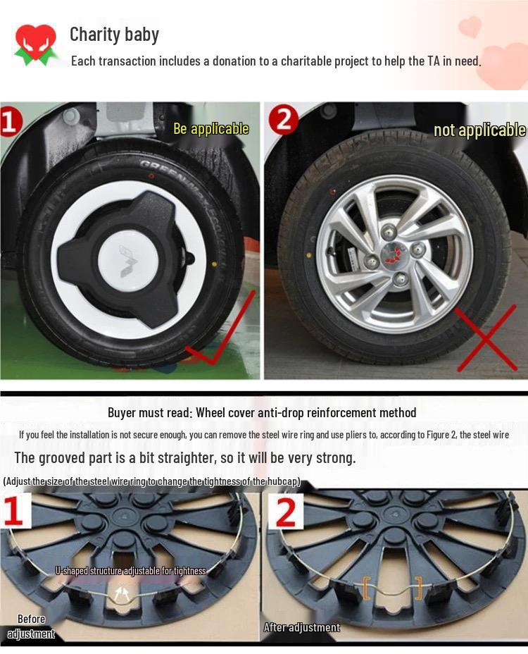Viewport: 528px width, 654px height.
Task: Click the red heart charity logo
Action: coord(34,44)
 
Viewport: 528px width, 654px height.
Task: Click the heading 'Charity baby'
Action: coord(114,34)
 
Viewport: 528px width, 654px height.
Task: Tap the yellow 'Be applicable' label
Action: coord(211,129)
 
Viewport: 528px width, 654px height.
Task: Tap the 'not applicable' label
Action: coord(479,130)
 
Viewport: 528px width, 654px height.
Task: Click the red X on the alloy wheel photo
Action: coord(486,338)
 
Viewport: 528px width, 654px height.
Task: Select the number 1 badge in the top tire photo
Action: coord(11,121)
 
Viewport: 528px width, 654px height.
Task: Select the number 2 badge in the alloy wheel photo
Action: coord(284,121)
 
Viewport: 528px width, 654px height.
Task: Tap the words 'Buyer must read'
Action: coord(149,413)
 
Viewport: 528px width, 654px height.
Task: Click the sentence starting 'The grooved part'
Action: coord(184,457)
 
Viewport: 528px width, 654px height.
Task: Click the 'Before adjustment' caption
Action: coord(31,627)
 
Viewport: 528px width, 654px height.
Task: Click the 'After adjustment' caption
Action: coord(301,627)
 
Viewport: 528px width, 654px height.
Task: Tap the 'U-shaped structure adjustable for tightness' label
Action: coord(131,571)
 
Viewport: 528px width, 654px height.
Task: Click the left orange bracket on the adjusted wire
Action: coord(366,587)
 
